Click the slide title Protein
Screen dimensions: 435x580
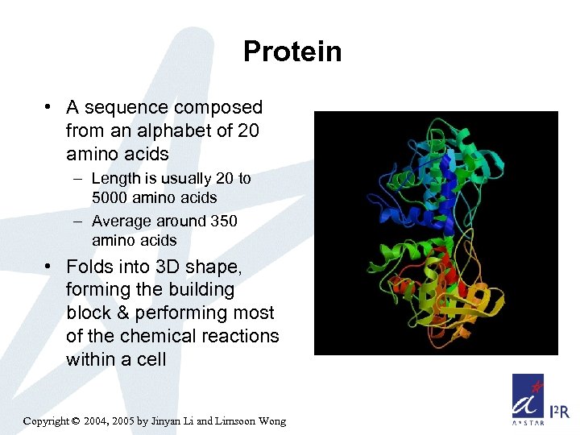292,52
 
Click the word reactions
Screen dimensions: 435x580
238,336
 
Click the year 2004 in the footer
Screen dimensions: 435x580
97,420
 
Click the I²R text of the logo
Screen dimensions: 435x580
558,412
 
